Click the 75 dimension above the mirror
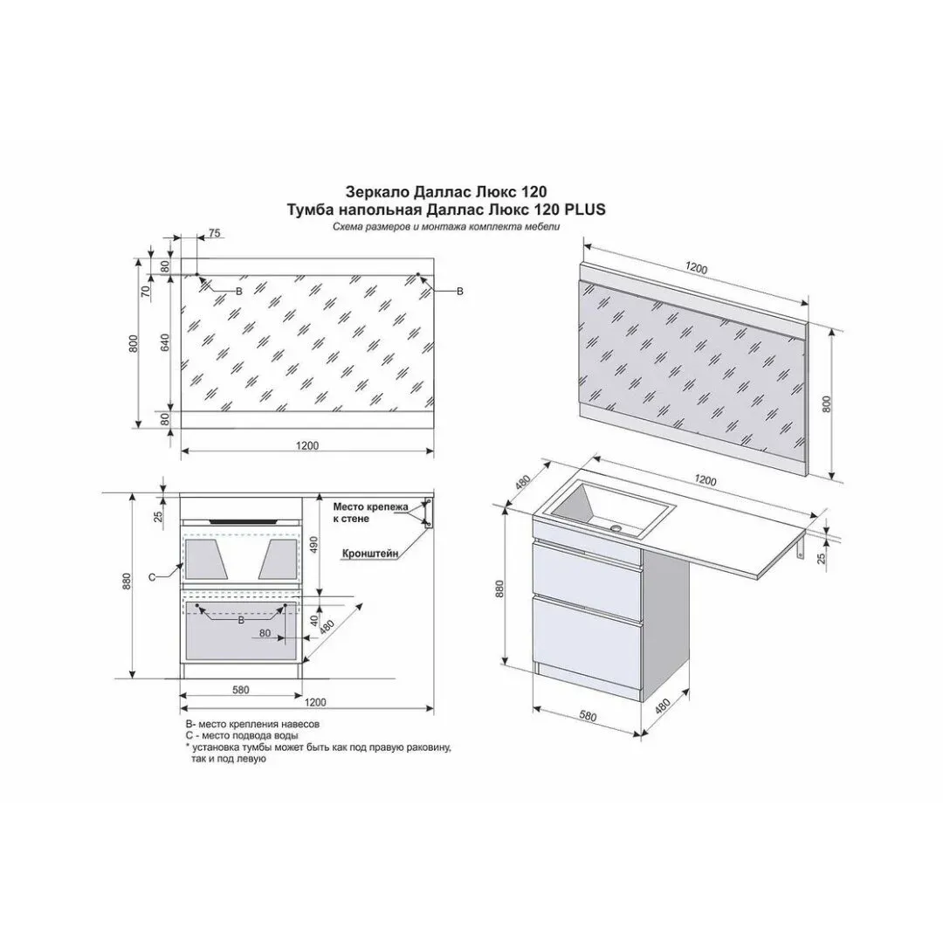click(x=215, y=233)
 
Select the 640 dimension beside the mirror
click(x=165, y=342)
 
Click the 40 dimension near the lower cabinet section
click(x=314, y=621)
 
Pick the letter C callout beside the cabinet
click(x=152, y=577)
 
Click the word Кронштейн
click(x=370, y=554)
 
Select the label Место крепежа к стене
click(x=370, y=513)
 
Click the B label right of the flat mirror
click(x=460, y=292)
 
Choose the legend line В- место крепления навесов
click(x=252, y=724)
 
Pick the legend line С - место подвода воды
click(x=242, y=735)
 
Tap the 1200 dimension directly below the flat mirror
click(x=307, y=445)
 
